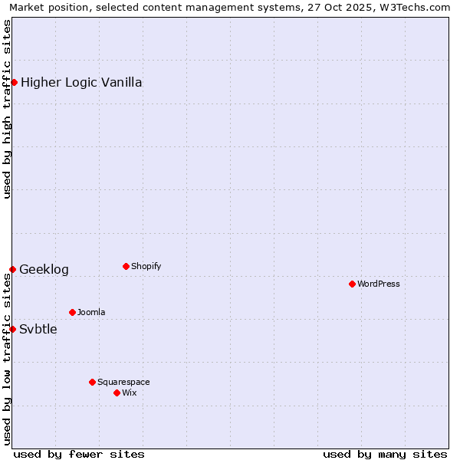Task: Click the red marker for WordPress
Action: tap(352, 284)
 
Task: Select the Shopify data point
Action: tap(126, 266)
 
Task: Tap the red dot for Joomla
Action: tap(72, 312)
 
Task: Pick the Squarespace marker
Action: tap(92, 382)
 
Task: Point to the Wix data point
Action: tap(117, 393)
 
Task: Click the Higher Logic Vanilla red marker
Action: tap(14, 82)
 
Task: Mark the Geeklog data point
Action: tap(12, 269)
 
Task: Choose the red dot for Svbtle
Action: tap(12, 329)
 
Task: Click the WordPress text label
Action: tap(379, 284)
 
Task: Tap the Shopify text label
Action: tap(146, 266)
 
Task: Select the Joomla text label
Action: tap(91, 312)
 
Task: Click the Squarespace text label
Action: tap(123, 382)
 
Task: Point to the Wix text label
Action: tap(130, 393)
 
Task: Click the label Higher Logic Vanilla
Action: tap(81, 82)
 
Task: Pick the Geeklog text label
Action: tap(44, 269)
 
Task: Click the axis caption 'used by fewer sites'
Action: tap(79, 454)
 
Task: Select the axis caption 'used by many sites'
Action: tap(385, 454)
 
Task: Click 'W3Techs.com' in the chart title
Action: tap(415, 7)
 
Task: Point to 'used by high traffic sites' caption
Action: tap(7, 109)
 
